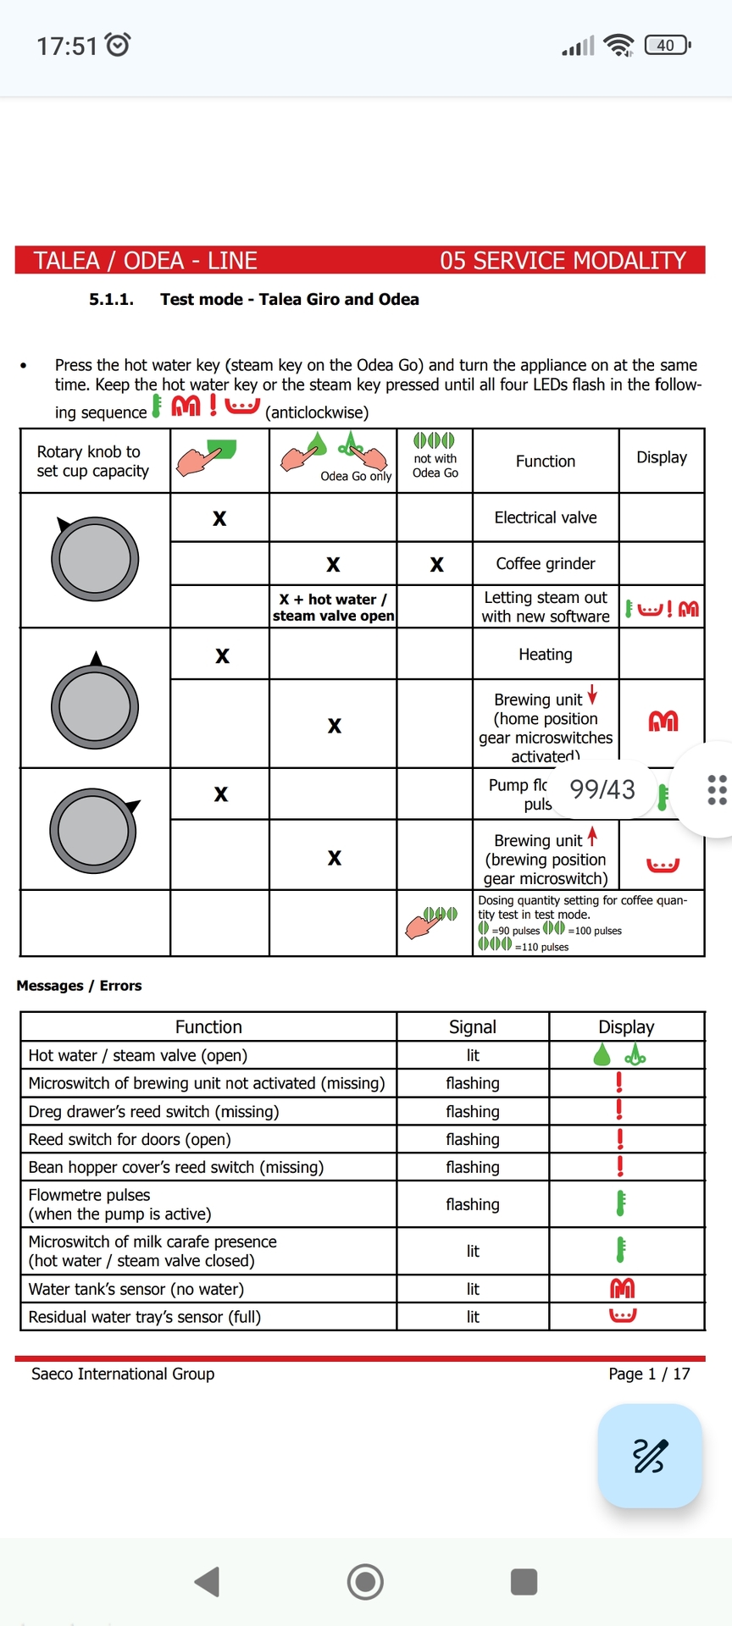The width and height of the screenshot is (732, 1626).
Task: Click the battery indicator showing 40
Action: pos(667,45)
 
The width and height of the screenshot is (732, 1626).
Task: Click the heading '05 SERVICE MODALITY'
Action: pos(563,260)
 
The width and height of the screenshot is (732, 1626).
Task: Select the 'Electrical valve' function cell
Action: pos(546,517)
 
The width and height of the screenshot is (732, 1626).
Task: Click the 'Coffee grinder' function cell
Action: pos(546,563)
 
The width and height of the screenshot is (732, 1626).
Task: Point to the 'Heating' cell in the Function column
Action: pos(546,654)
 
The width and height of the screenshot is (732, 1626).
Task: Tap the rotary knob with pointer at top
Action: pos(95,705)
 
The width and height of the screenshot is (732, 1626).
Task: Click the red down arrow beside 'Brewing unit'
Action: pos(592,694)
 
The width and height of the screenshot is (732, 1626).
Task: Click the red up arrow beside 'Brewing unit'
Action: pos(592,836)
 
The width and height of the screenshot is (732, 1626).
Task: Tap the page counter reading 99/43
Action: pos(602,789)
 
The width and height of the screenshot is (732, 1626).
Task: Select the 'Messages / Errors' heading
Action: pos(79,986)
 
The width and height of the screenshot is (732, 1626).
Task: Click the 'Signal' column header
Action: pos(473,1026)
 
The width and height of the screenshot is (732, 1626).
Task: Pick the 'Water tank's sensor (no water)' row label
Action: pos(136,1289)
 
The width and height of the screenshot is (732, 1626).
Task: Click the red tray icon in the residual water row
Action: pos(623,1315)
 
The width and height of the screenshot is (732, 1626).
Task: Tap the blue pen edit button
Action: pos(650,1456)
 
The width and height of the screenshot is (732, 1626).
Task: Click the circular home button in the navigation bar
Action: pos(365,1581)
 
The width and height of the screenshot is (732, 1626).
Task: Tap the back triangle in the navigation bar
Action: pos(208,1581)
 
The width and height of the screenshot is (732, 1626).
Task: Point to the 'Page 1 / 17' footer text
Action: pos(649,1374)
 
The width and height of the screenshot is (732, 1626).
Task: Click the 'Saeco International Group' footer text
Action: pos(123,1374)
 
